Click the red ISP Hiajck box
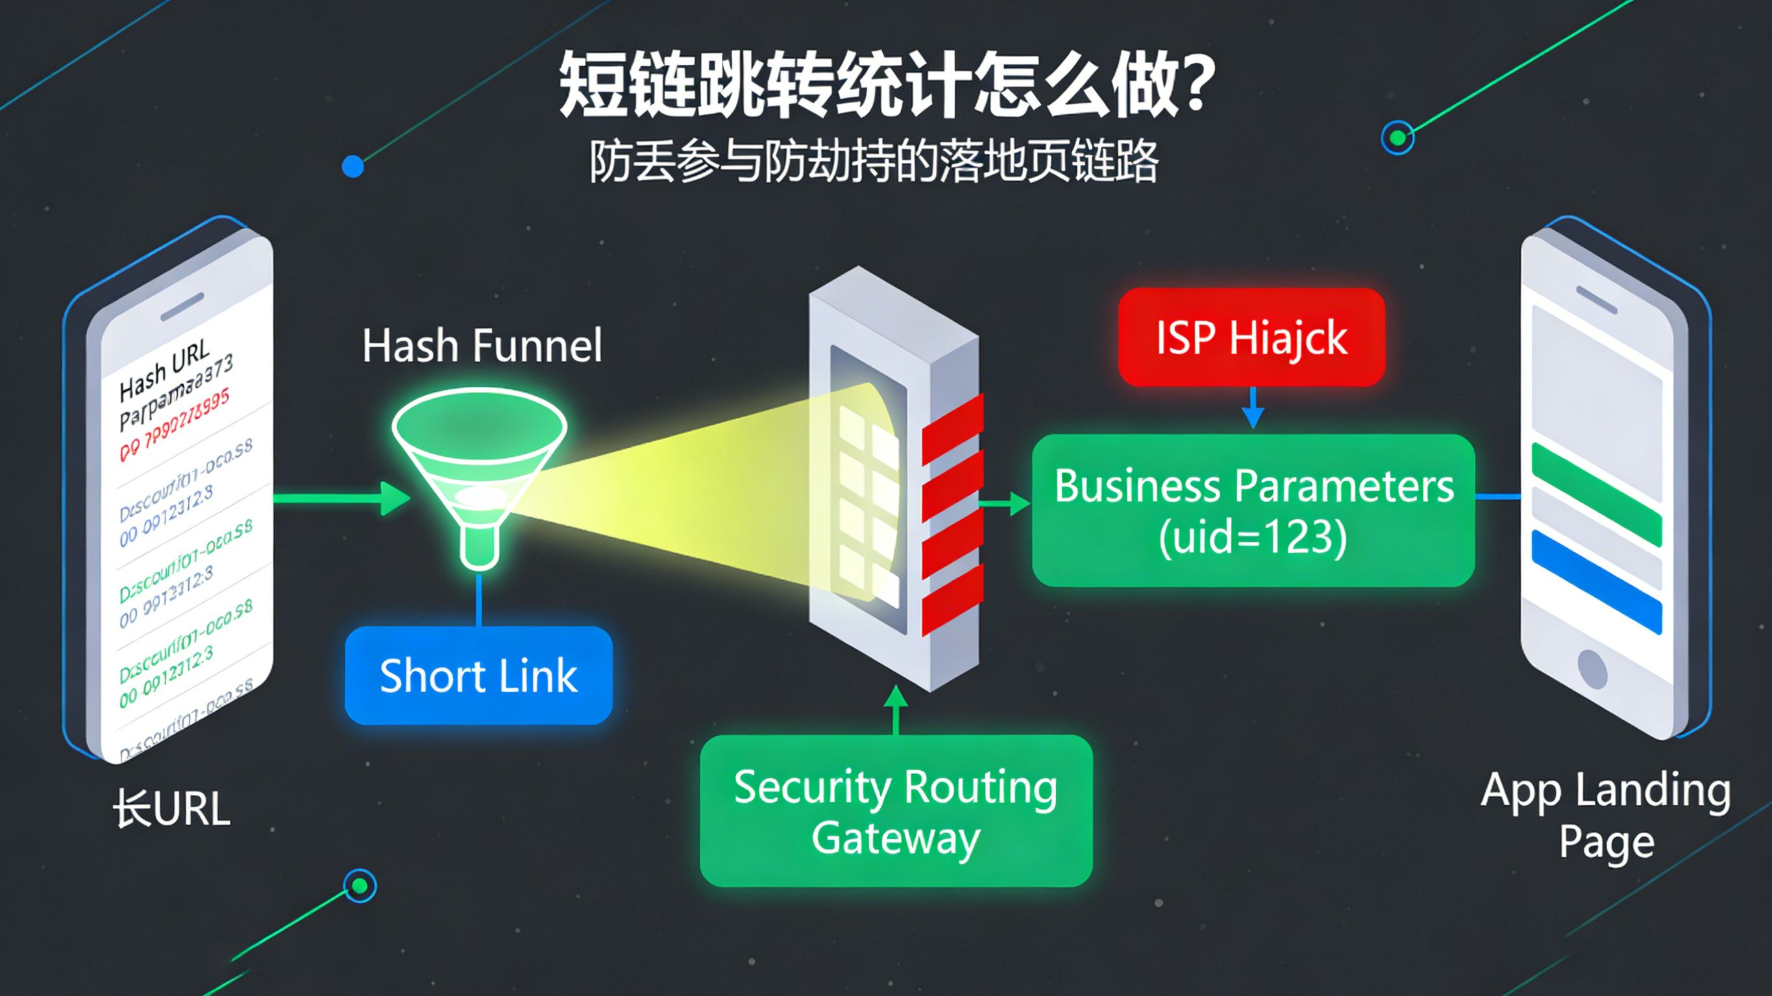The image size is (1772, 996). pos(1251,337)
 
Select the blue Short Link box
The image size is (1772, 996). pos(478,675)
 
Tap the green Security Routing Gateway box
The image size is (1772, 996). pos(896,811)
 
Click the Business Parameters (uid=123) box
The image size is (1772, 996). pos(1253,511)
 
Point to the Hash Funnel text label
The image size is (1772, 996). pos(482,345)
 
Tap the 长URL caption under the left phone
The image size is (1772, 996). pos(171,809)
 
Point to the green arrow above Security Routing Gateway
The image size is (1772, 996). pos(896,709)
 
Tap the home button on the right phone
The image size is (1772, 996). pos(1592,668)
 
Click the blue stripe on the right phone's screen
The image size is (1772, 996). pos(1596,582)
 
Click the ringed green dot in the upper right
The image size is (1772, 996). pos(1397,138)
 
